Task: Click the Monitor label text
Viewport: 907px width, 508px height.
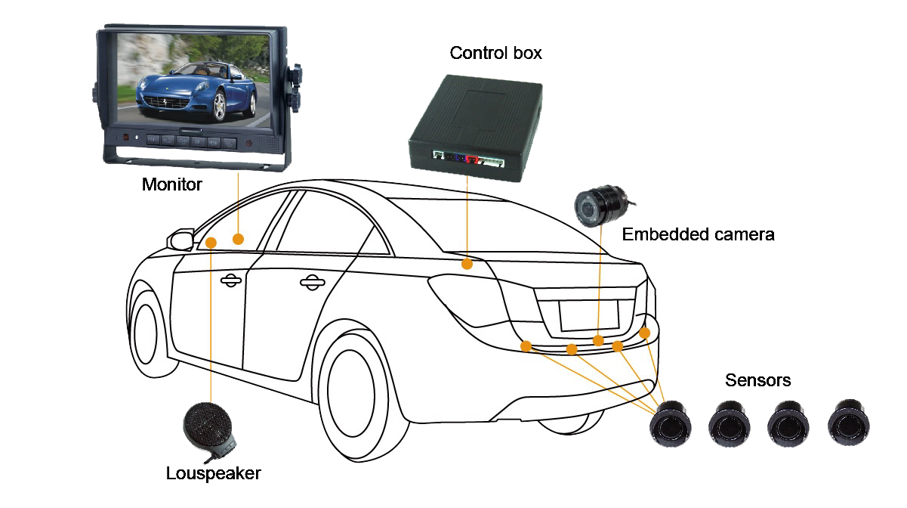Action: pyautogui.click(x=171, y=184)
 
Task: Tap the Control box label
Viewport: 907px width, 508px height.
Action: pyautogui.click(x=495, y=53)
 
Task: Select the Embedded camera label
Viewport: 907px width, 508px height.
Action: pyautogui.click(x=698, y=234)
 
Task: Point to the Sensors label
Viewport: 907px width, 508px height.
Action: pyautogui.click(x=757, y=380)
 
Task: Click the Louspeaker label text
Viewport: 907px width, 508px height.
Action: pyautogui.click(x=214, y=473)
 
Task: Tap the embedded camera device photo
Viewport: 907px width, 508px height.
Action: pyautogui.click(x=603, y=206)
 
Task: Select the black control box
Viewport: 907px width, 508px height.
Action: pyautogui.click(x=475, y=128)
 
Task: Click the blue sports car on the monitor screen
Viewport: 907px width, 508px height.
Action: pyautogui.click(x=196, y=91)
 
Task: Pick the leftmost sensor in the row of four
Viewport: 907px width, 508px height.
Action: pyautogui.click(x=670, y=424)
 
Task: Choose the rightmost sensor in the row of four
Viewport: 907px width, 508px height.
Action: pyautogui.click(x=848, y=423)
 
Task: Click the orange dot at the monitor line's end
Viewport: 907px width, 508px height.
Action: pyautogui.click(x=239, y=239)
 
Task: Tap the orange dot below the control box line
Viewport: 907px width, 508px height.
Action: pyautogui.click(x=467, y=265)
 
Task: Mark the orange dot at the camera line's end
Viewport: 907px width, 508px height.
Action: pyautogui.click(x=598, y=341)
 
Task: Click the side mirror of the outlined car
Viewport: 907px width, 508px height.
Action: pyautogui.click(x=180, y=240)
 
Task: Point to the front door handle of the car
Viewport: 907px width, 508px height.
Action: pyautogui.click(x=231, y=280)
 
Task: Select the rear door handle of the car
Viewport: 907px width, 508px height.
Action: pyautogui.click(x=312, y=283)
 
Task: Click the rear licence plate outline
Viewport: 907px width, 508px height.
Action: pyautogui.click(x=589, y=315)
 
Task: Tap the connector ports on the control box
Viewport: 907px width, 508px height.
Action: pyautogui.click(x=468, y=158)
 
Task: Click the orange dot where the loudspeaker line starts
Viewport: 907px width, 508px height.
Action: pyautogui.click(x=211, y=243)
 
